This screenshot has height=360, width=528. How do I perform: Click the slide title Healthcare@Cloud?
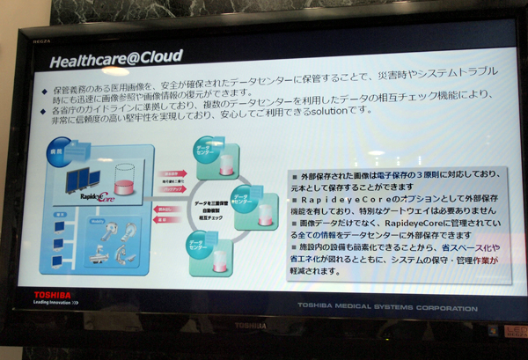pyautogui.click(x=115, y=60)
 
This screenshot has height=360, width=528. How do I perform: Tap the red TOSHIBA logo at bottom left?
pyautogui.click(x=54, y=293)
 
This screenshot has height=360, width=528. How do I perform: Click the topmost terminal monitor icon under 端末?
pyautogui.click(x=58, y=224)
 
